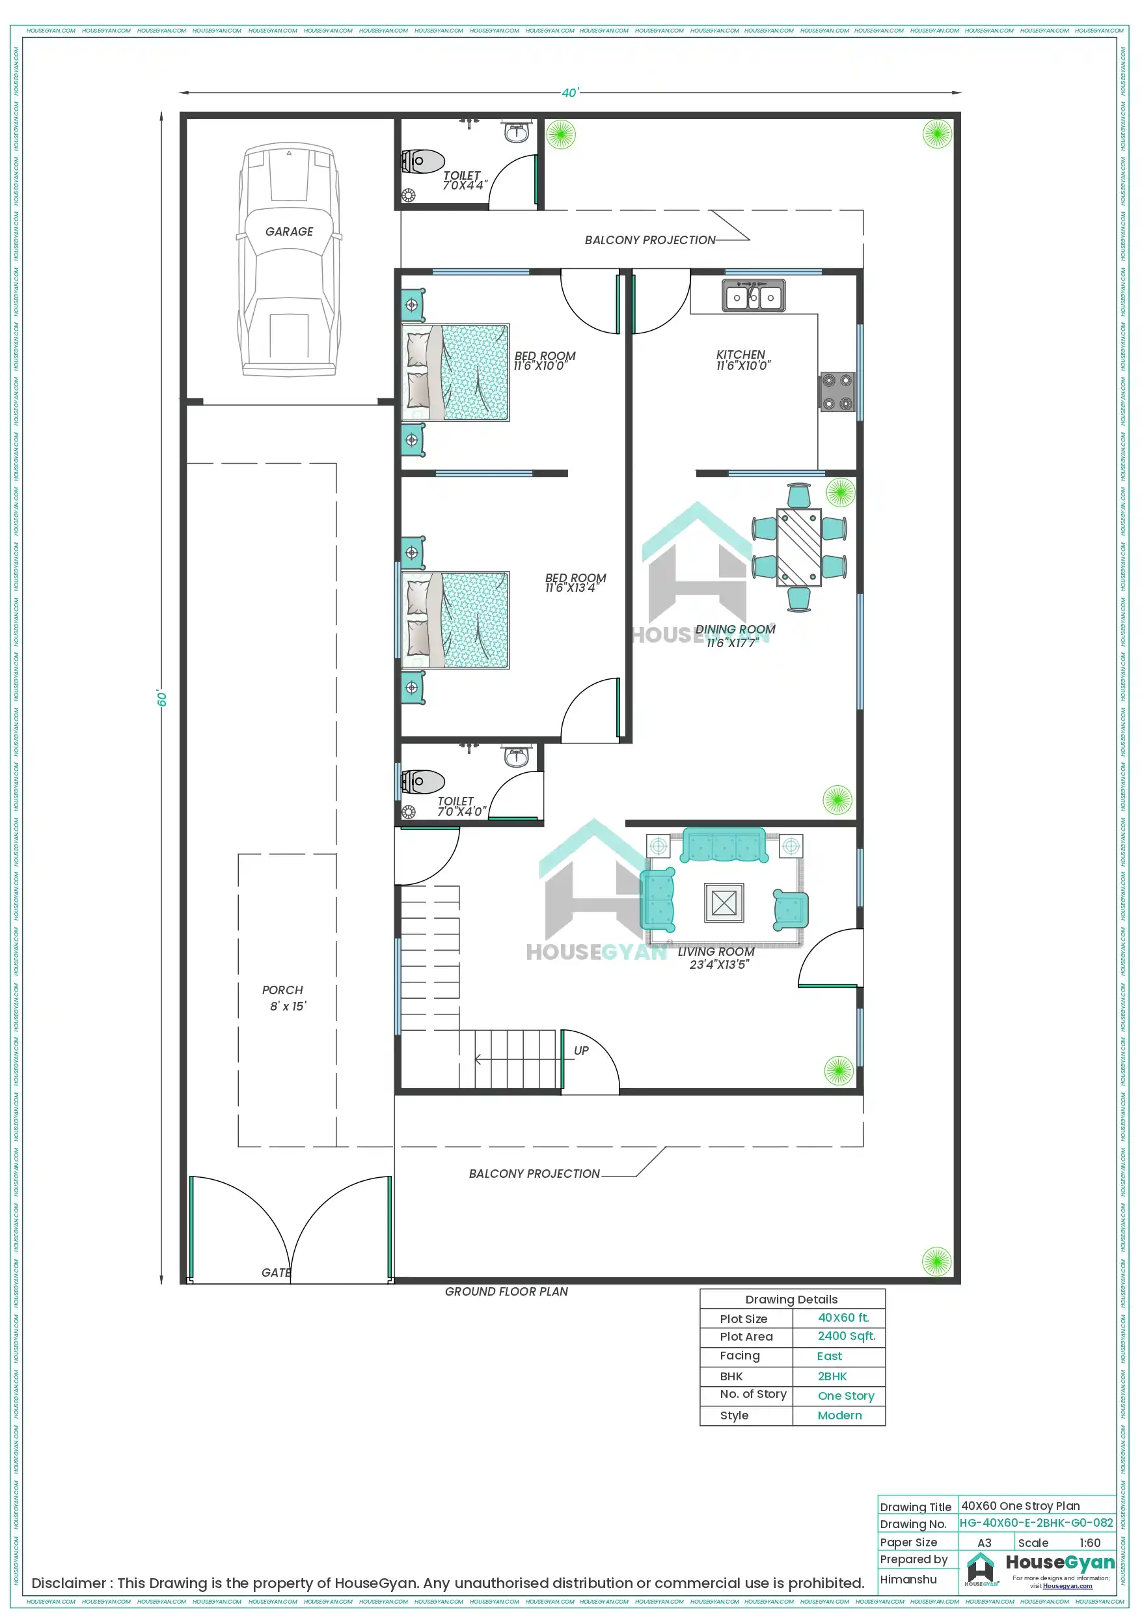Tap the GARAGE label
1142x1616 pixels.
tap(289, 232)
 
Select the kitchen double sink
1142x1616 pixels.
tap(754, 296)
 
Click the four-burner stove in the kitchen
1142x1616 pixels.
tap(837, 392)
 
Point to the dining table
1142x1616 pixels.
tap(798, 546)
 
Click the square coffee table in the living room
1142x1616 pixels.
tap(724, 902)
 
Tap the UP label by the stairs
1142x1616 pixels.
tap(581, 1051)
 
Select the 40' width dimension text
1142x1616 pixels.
tap(569, 93)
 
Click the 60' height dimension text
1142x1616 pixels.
tap(162, 698)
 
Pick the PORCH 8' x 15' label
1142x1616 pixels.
tap(284, 998)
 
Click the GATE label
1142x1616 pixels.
tap(276, 1272)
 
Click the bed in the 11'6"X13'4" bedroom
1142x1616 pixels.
tap(455, 620)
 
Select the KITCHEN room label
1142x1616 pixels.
tap(741, 355)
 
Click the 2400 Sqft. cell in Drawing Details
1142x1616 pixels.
tap(846, 1336)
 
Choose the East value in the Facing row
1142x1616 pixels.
tap(830, 1356)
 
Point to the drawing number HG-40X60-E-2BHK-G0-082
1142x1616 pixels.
tap(1036, 1523)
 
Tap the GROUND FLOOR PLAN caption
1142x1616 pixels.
tap(506, 1292)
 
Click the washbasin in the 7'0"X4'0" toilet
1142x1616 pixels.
tap(517, 757)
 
